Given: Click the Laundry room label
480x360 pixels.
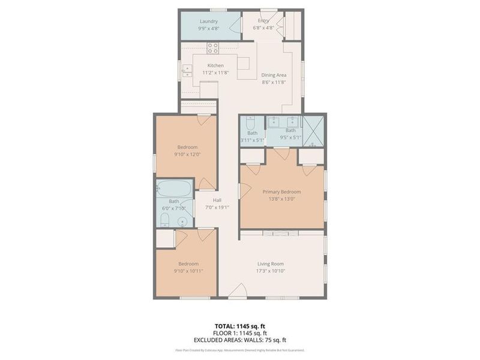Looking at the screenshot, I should tap(209, 22).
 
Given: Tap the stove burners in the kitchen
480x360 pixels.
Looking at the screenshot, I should tap(212, 48).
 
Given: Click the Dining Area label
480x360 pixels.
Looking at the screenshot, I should tap(273, 75).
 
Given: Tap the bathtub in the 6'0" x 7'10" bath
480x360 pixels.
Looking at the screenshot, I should tap(174, 189).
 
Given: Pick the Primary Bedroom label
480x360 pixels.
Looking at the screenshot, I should tap(281, 192).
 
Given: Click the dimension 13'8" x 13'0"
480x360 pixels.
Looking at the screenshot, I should tap(281, 199).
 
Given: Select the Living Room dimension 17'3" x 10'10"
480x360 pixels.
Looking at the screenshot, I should tap(271, 271).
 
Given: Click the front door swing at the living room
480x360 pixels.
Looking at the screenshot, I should tap(238, 292).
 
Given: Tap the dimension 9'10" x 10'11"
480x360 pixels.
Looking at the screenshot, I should tap(187, 271).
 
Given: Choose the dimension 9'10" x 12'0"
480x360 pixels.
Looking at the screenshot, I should tap(187, 154).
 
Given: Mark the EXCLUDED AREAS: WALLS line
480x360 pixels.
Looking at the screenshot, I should tap(240, 340).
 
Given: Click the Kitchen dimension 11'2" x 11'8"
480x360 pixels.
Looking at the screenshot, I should tap(215, 72).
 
